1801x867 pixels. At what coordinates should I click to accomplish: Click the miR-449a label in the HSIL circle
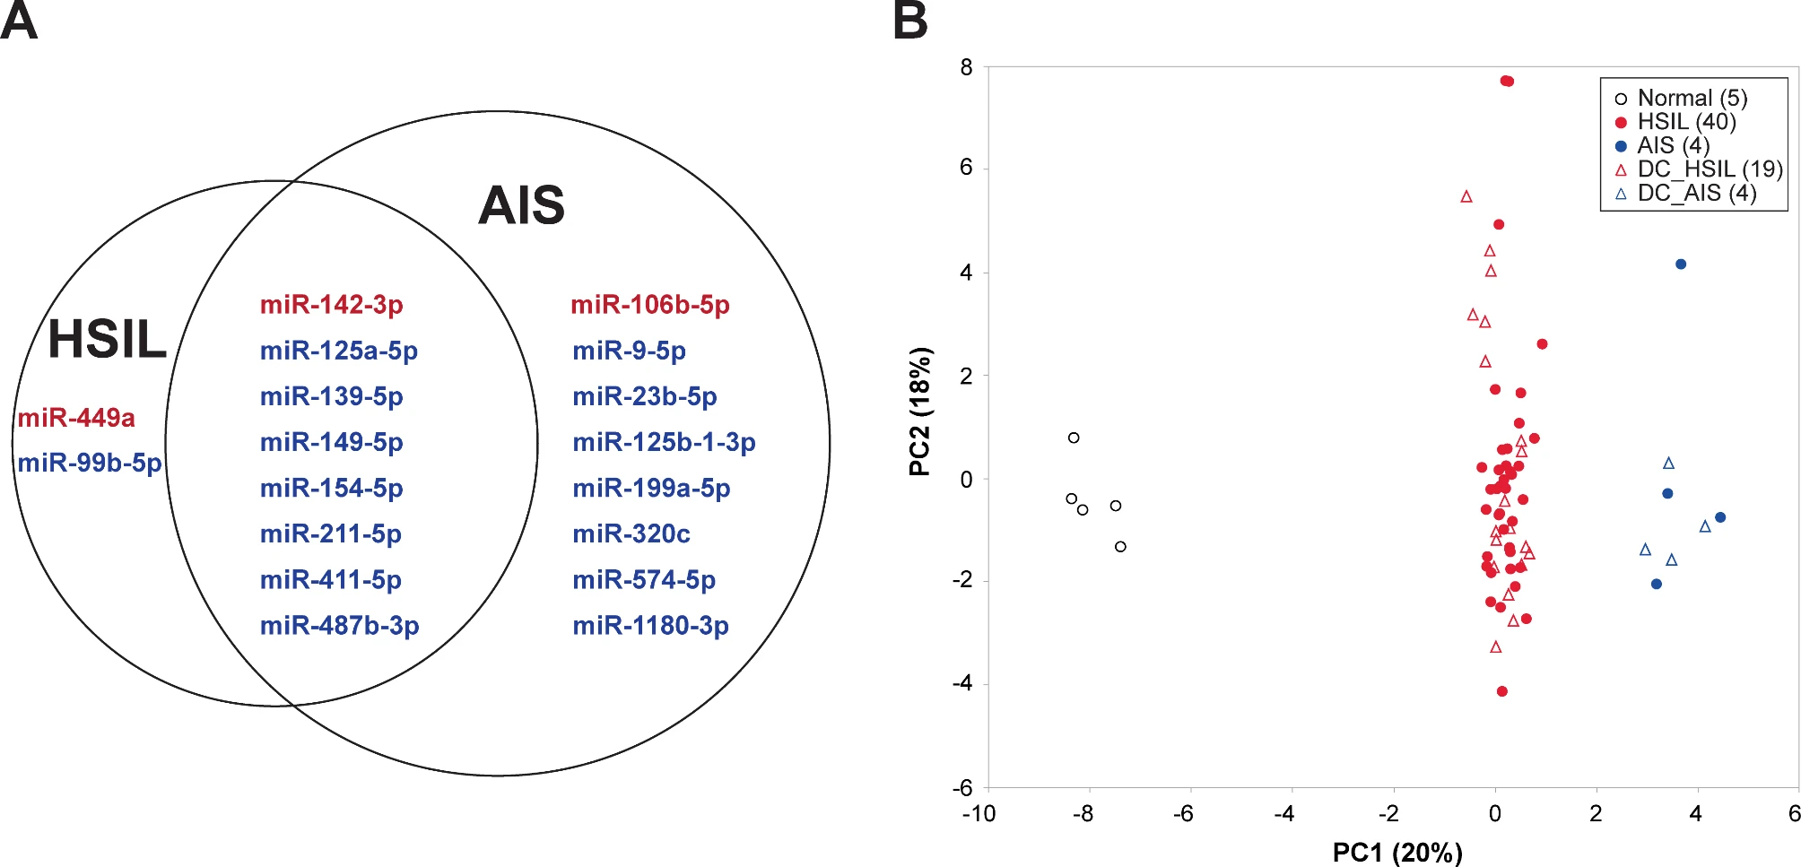(76, 418)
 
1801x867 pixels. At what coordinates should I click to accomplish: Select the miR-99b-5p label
(90, 463)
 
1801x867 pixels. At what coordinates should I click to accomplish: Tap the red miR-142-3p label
(331, 305)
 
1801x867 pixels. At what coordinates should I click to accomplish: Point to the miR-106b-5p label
(650, 305)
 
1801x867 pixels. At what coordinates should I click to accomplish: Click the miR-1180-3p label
(650, 626)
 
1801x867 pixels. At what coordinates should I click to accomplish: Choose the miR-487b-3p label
(339, 626)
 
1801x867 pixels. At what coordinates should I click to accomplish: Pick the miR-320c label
(631, 534)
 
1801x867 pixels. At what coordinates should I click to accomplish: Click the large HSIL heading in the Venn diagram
(107, 339)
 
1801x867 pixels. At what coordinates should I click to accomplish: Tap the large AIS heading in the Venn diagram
(521, 205)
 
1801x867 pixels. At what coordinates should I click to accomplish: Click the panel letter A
(19, 22)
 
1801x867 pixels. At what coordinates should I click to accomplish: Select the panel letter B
(910, 22)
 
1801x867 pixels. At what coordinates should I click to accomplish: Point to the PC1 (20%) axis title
(1396, 852)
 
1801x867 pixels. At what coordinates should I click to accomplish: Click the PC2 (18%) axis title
(920, 412)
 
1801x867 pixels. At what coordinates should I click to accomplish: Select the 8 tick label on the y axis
(966, 67)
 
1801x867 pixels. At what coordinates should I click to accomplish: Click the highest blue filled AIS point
(1681, 264)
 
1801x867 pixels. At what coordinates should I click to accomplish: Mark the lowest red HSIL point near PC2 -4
(1502, 691)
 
